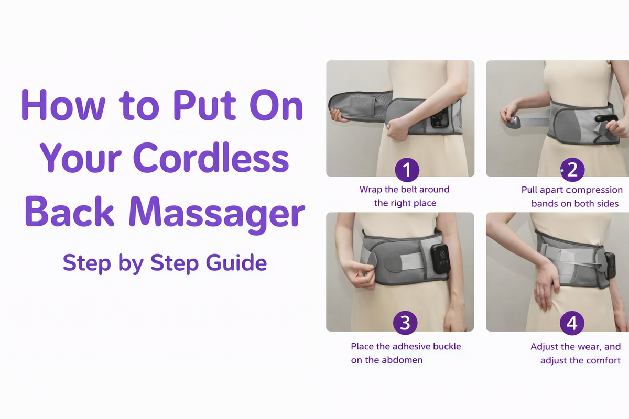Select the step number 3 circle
[405, 323]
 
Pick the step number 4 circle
[572, 323]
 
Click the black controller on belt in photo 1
[438, 120]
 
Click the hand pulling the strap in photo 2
[510, 114]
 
